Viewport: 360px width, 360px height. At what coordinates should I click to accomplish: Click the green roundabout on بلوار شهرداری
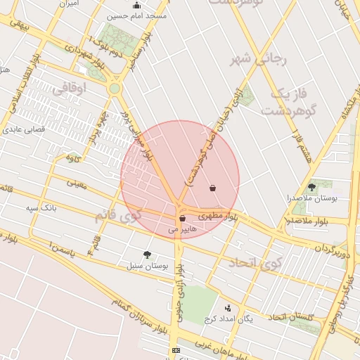[x=114, y=89]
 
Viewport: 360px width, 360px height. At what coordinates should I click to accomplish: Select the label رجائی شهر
[x=260, y=60]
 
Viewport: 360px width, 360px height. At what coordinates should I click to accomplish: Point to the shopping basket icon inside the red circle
[x=213, y=188]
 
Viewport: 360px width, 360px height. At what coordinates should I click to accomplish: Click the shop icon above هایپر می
[x=182, y=219]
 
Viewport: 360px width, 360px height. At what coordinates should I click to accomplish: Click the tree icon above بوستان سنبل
[x=147, y=255]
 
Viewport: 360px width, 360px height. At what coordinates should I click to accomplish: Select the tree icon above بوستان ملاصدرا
[x=311, y=187]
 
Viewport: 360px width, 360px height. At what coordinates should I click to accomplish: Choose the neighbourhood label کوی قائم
[x=118, y=215]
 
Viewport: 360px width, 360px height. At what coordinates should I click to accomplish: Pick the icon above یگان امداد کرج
[x=227, y=307]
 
